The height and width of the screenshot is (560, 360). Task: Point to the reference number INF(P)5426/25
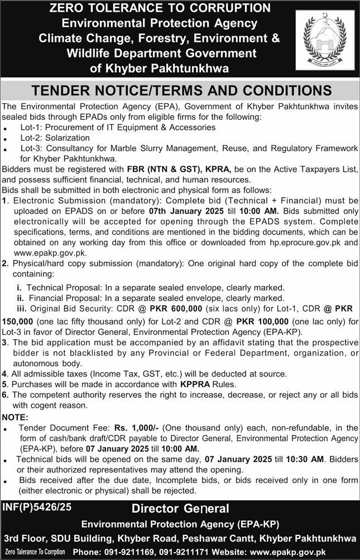pos(37,508)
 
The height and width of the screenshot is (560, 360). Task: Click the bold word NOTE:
pos(16,417)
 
